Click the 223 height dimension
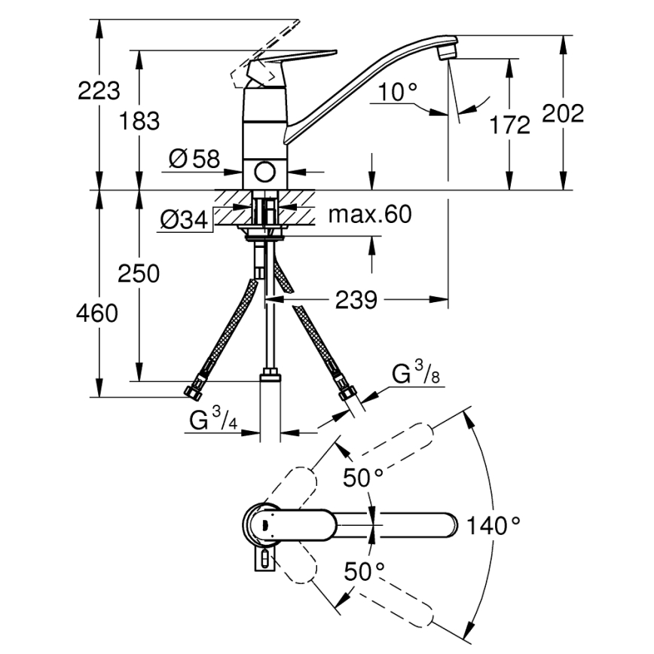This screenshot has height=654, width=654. [x=99, y=91]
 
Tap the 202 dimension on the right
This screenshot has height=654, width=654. [x=564, y=114]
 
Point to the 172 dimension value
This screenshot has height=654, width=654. [x=510, y=124]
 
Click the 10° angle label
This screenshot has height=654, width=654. [x=398, y=93]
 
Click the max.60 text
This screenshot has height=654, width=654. [x=370, y=215]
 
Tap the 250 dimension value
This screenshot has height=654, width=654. [x=138, y=274]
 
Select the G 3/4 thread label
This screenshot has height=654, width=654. [x=213, y=420]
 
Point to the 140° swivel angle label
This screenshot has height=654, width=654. [x=494, y=525]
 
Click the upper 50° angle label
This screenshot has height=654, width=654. [x=363, y=478]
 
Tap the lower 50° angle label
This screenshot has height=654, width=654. [x=365, y=571]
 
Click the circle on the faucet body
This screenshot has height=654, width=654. [x=264, y=172]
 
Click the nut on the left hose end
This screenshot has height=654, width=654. [x=194, y=391]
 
